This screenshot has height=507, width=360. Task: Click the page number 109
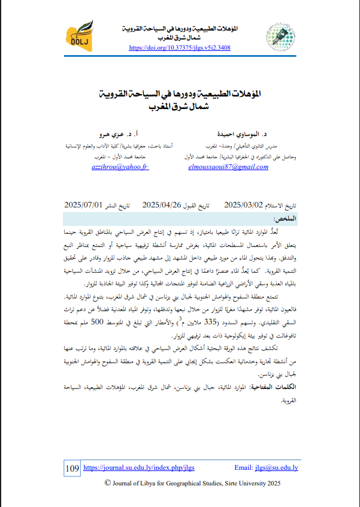71,467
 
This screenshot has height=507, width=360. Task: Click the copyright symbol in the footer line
108,484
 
